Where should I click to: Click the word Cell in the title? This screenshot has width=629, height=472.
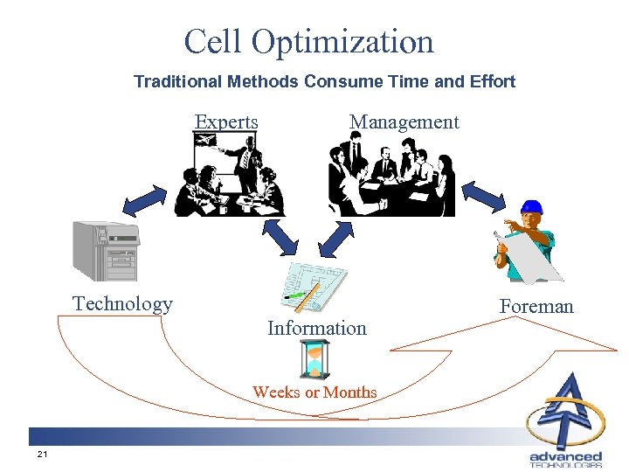[x=211, y=41]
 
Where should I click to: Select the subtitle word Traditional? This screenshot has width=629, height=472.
[x=178, y=81]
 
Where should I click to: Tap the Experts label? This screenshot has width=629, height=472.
[x=226, y=121]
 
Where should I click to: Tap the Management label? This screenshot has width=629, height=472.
[x=404, y=121]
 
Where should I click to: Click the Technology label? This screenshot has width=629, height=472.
[x=122, y=303]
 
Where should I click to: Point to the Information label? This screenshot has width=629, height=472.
[x=316, y=328]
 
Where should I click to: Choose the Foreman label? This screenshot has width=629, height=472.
[x=536, y=306]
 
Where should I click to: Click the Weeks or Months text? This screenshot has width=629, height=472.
[x=314, y=392]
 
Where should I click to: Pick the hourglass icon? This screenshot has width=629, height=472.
[x=314, y=358]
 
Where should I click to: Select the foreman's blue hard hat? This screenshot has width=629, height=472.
[x=531, y=208]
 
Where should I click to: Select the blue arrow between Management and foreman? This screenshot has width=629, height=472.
[x=482, y=196]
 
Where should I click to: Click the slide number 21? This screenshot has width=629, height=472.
[x=41, y=455]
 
